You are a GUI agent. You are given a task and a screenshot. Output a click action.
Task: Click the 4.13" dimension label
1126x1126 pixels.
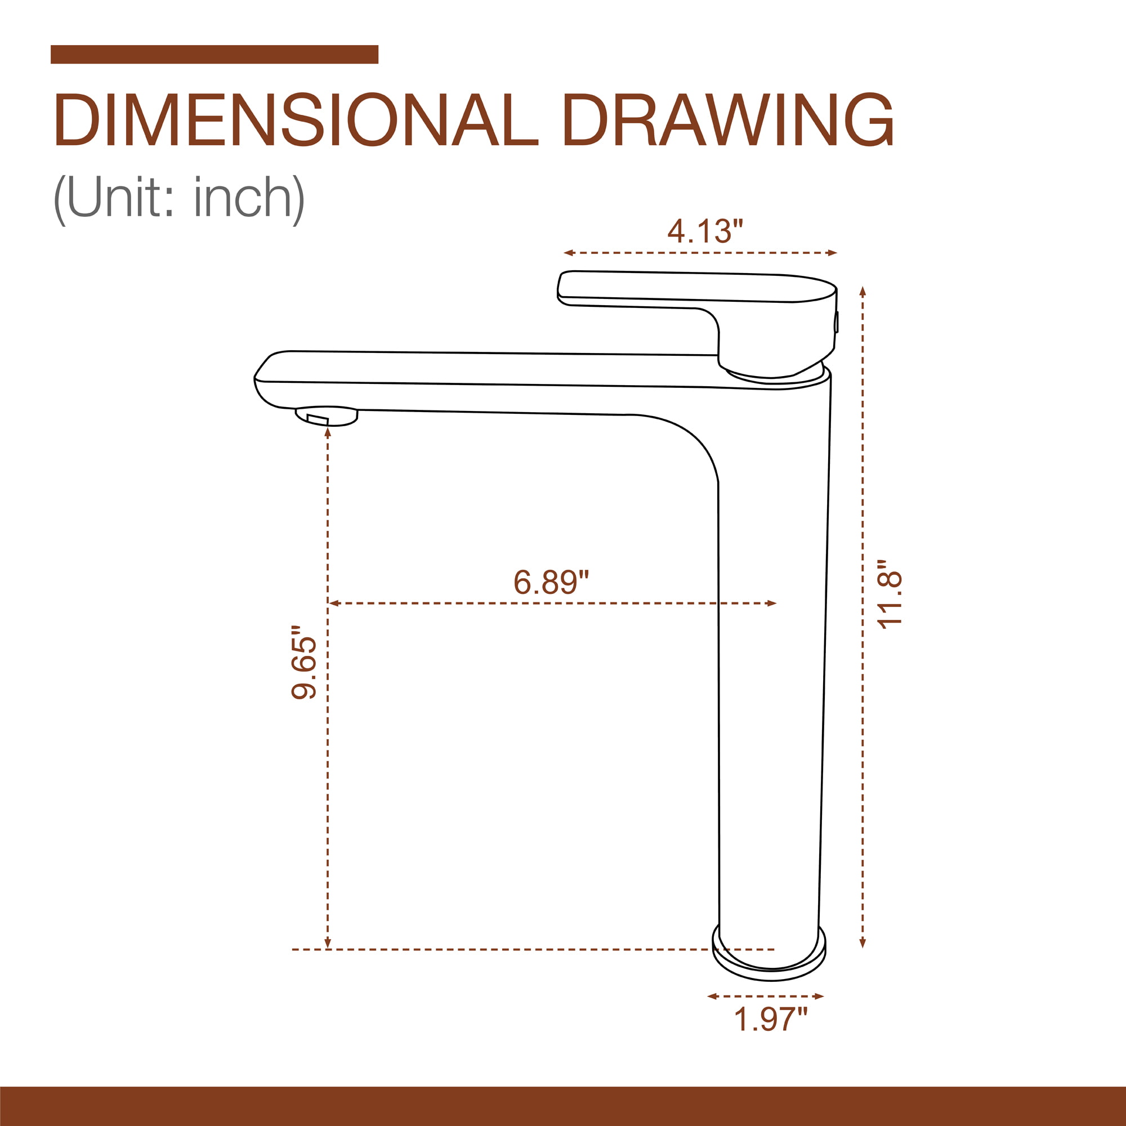pos(705,231)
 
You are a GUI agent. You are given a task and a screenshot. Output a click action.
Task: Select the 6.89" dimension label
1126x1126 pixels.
pos(551,582)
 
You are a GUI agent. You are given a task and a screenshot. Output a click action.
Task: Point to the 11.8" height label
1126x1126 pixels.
pos(890,594)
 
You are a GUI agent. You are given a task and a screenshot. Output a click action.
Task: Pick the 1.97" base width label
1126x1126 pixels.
pos(771,1020)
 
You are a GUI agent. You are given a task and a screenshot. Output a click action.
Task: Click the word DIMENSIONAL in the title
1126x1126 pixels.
pos(296,119)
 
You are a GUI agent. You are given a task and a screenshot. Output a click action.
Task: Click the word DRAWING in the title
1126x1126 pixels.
pos(728,119)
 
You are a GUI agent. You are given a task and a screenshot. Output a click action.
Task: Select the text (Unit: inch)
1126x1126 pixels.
pos(179,198)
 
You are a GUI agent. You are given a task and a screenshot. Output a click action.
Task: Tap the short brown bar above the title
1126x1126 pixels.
pos(215,54)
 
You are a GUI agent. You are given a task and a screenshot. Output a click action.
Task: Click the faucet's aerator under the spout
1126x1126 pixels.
pos(327,416)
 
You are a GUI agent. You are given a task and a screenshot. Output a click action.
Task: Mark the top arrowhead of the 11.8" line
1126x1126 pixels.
pos(863,291)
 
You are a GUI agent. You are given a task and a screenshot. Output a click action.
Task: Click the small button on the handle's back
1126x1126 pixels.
pos(837,322)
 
